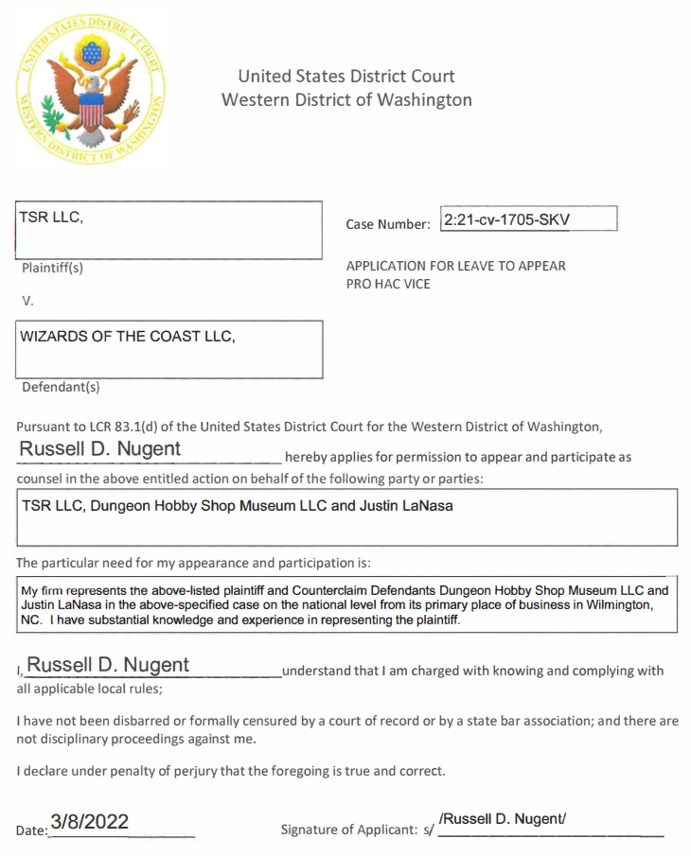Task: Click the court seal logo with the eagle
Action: click(92, 91)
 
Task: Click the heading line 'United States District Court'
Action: click(346, 76)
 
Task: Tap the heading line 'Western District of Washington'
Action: click(346, 99)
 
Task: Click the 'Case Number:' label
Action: click(388, 225)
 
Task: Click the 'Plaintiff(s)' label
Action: click(53, 268)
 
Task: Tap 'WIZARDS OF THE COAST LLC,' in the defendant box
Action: click(128, 337)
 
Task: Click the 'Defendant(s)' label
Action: click(60, 387)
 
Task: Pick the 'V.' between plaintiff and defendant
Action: click(27, 301)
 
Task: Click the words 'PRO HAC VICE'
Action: click(388, 284)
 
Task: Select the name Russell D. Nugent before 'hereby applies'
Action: click(100, 448)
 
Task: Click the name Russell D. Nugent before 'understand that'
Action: click(108, 664)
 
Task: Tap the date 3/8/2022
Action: click(89, 821)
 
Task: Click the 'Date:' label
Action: click(32, 830)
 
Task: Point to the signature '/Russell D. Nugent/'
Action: click(503, 819)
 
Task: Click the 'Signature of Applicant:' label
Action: click(349, 830)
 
